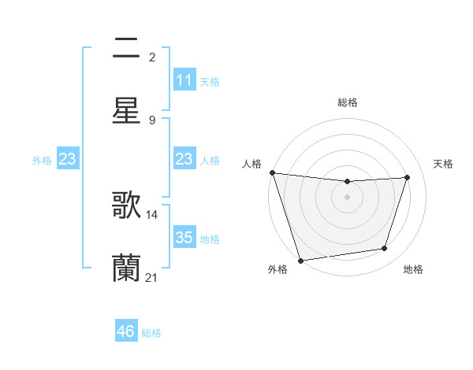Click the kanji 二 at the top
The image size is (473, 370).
tap(126, 49)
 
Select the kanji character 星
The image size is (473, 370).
tap(126, 110)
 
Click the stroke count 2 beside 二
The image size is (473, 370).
tap(152, 57)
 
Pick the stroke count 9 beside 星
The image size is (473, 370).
tap(152, 120)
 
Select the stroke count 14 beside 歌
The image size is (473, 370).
tap(152, 214)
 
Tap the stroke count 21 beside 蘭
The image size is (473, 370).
tap(152, 277)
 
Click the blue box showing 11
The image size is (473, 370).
tap(184, 80)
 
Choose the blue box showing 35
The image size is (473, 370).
tap(184, 238)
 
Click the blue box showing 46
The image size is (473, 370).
tap(126, 331)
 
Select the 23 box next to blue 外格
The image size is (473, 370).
tap(68, 159)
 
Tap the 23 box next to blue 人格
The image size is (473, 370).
tap(184, 159)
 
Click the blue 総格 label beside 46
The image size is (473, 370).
tap(151, 333)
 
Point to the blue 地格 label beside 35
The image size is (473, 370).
tap(210, 239)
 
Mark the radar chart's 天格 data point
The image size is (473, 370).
tap(408, 177)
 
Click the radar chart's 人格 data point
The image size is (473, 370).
tap(272, 172)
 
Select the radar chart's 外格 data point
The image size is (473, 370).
tap(300, 259)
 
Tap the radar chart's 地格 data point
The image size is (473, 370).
tap(385, 249)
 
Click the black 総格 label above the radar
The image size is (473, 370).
tap(347, 102)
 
